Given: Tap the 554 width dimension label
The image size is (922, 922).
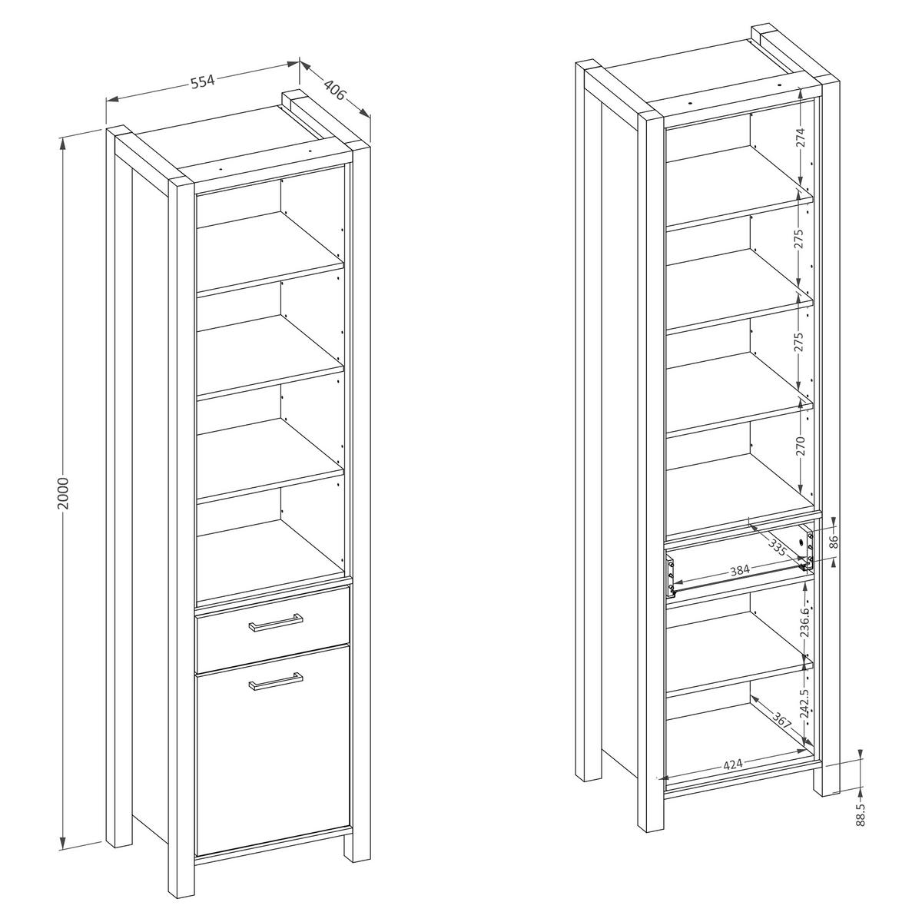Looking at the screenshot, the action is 203,81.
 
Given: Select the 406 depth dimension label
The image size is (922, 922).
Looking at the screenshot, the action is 334,91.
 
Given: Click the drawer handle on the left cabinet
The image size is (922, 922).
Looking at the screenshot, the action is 276,623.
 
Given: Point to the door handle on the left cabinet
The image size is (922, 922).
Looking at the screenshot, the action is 276,682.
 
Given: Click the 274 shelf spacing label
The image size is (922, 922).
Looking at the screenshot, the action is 801,138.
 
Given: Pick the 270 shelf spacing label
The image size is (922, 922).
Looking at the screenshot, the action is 801,446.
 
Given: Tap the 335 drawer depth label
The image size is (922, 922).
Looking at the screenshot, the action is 778,547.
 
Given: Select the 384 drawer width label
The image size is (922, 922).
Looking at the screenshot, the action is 740,571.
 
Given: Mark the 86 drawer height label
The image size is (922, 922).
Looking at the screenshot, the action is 834,542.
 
